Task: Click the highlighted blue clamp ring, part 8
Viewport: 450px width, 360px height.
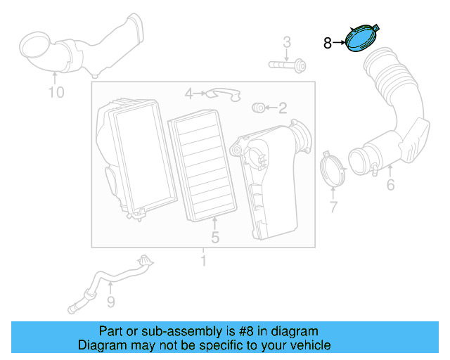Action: pos(361,38)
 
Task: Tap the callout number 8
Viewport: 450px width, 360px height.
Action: pos(327,43)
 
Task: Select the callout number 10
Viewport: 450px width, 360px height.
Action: pos(56,92)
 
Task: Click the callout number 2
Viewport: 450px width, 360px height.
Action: pos(283,108)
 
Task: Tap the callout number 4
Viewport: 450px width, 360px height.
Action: pos(189,93)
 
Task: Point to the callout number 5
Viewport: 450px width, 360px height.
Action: pos(215,238)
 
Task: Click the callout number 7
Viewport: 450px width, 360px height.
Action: pos(333,207)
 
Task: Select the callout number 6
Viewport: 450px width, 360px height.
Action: pos(390,185)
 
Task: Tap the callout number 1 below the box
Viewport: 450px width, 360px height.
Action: pos(203,262)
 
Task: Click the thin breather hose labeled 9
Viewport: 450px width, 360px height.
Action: pos(112,281)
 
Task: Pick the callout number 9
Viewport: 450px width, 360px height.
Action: pos(110,302)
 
